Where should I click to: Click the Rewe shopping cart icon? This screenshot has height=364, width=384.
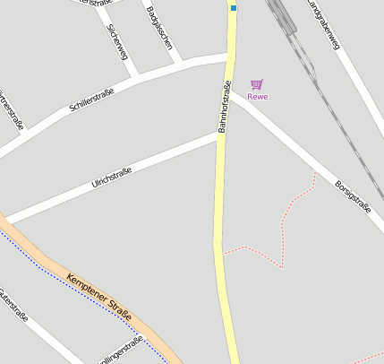tap(257, 84)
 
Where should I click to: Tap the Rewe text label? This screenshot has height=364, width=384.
tap(258, 96)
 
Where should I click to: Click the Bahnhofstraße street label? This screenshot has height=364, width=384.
tap(225, 108)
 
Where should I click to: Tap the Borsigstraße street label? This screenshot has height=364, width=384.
tap(352, 196)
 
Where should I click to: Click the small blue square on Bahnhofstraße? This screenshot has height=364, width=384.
tap(234, 8)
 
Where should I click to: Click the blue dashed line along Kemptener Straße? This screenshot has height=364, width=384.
tap(54, 273)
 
